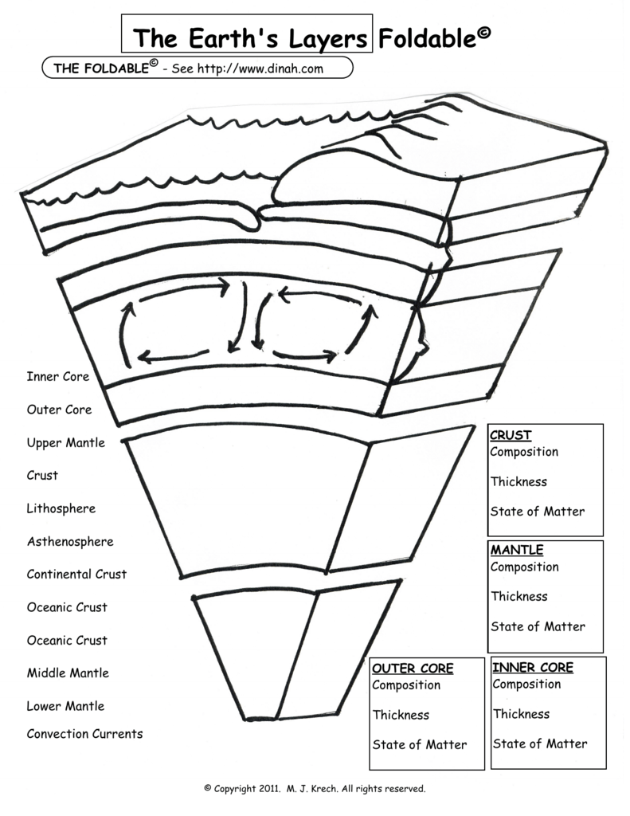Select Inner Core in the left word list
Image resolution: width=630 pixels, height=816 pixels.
[58, 376]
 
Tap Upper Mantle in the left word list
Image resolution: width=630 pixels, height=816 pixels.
[65, 442]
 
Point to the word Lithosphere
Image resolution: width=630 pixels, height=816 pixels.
[61, 508]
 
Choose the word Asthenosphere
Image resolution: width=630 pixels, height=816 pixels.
[70, 542]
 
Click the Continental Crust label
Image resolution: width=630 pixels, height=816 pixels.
[76, 574]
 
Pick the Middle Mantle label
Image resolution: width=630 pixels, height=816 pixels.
[68, 673]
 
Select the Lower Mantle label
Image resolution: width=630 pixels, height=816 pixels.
[65, 706]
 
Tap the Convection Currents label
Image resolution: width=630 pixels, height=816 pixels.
[84, 734]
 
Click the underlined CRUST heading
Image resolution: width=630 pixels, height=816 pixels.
[511, 435]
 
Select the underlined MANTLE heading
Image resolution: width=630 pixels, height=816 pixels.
[517, 550]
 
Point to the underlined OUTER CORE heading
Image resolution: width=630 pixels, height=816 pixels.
[413, 669]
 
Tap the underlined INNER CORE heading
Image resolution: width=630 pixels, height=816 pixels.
[533, 667]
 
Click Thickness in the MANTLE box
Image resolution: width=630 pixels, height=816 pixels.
[519, 596]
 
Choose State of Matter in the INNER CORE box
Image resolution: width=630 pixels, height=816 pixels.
[540, 743]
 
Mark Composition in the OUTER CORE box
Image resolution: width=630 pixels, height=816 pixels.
[406, 685]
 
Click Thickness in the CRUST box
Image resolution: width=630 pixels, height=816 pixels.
[518, 482]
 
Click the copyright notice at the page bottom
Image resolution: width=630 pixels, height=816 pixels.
[315, 789]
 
